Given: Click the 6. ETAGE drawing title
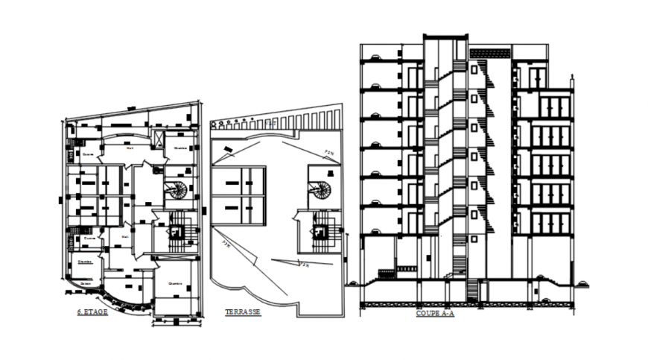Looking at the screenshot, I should point(93,312).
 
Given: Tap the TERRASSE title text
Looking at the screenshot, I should point(243,312).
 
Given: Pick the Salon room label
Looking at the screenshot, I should point(86,282).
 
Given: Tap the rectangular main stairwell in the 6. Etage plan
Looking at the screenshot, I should point(176,233).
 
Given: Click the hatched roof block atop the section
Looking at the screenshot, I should point(490,53).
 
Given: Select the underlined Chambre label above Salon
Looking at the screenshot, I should point(84,262).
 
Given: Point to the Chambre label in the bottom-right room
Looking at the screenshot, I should point(176,283).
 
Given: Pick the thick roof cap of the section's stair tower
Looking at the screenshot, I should point(445,36).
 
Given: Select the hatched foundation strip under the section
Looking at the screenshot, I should point(466,304).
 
